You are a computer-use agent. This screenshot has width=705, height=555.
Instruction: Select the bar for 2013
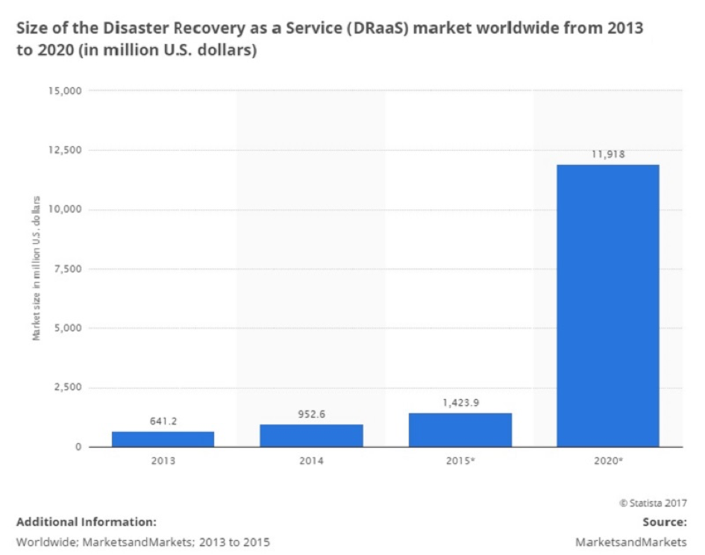[163, 439]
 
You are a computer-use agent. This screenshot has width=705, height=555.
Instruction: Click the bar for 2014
[311, 436]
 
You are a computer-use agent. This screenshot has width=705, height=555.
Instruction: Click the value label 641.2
[163, 420]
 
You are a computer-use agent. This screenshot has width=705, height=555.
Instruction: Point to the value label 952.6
[311, 413]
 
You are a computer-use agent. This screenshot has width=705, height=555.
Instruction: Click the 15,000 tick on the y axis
[63, 91]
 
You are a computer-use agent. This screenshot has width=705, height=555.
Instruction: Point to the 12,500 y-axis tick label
[63, 150]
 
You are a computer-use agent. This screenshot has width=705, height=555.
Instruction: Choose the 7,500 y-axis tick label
[66, 269]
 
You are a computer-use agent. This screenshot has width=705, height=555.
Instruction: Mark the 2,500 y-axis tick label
[66, 388]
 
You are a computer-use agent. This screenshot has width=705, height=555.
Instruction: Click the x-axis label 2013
[163, 462]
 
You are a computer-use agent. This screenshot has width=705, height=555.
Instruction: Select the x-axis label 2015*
[460, 462]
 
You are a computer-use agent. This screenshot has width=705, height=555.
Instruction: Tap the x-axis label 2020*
[609, 462]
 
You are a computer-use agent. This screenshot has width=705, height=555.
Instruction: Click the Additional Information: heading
[86, 521]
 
